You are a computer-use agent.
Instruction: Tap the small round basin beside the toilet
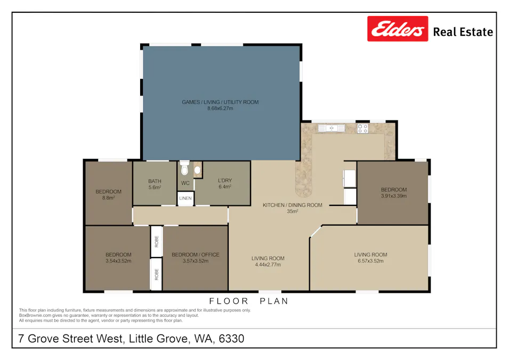tap(198, 171)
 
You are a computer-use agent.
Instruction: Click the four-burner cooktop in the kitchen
tap(362, 128)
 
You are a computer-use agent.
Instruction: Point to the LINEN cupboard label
tap(185, 198)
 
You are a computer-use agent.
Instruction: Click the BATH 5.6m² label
tap(155, 184)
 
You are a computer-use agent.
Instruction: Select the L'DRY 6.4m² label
tap(224, 184)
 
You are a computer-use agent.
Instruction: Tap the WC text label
tap(185, 183)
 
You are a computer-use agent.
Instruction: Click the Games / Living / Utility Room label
tap(220, 102)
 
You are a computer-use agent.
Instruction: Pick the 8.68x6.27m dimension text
tap(220, 108)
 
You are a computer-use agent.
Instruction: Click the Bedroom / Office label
tap(195, 255)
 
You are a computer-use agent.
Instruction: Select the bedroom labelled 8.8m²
tap(108, 195)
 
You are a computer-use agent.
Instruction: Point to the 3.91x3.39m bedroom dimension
tap(393, 196)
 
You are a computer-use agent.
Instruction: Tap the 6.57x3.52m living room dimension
tap(370, 261)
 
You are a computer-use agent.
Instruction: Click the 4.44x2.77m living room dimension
tap(268, 265)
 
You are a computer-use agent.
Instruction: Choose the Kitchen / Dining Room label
tap(292, 205)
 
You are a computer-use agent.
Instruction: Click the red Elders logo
tap(397, 29)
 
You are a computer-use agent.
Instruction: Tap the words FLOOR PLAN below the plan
tap(248, 301)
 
